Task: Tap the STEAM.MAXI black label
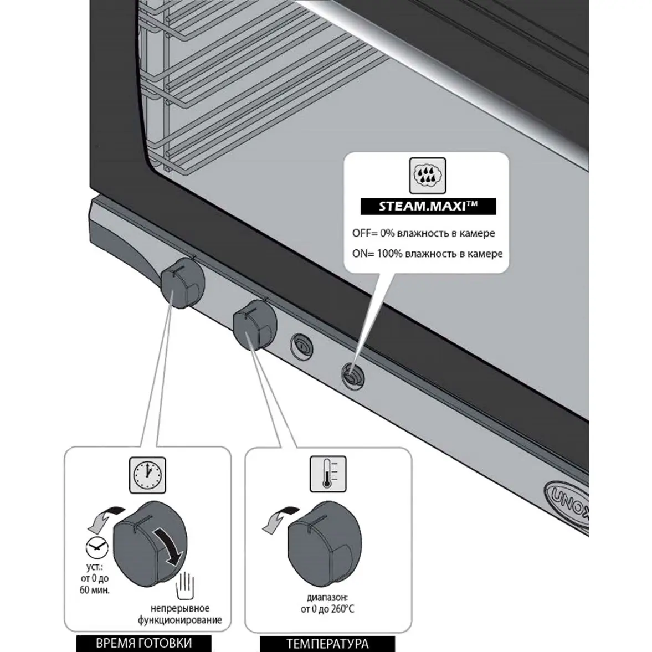(428, 207)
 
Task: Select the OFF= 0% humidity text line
(423, 234)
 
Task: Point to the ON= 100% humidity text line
(427, 254)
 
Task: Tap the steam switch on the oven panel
(351, 374)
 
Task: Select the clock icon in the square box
(148, 475)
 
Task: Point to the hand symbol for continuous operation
(187, 585)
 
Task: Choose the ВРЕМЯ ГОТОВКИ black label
(144, 643)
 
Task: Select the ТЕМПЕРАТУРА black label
(327, 644)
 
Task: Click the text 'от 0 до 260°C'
(327, 609)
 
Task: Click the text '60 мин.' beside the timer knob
(95, 590)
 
